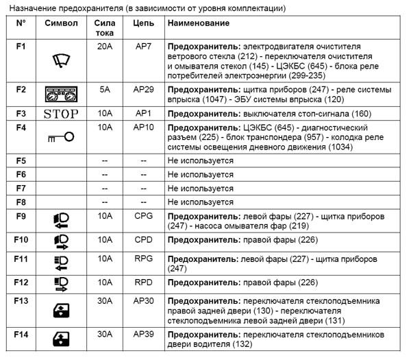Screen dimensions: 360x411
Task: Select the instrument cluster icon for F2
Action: coord(61,95)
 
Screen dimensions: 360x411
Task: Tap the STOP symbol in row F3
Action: coord(61,114)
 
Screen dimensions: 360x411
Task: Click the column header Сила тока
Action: coord(105,28)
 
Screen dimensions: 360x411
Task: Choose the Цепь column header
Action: coord(143,23)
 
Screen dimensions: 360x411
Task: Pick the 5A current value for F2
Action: coord(105,89)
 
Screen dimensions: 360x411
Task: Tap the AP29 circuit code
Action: coord(143,89)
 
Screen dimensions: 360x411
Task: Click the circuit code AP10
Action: coord(143,128)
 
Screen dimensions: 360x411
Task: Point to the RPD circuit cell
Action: coord(143,283)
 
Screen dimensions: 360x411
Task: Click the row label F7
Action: coord(21,188)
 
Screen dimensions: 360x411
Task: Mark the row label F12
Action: coord(21,283)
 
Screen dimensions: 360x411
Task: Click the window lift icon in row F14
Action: coord(61,339)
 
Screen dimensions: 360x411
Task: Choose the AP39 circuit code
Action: coord(143,334)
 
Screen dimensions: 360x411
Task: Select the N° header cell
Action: coord(21,23)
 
